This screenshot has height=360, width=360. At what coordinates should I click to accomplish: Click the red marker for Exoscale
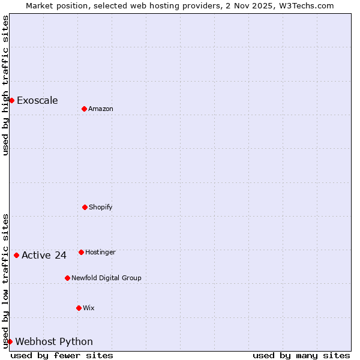pyautogui.click(x=11, y=100)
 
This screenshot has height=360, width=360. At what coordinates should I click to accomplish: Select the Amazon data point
pyautogui.click(x=84, y=109)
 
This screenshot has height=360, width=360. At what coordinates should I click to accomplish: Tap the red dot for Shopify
pyautogui.click(x=85, y=207)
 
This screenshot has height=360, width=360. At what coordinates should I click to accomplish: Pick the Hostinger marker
pyautogui.click(x=81, y=252)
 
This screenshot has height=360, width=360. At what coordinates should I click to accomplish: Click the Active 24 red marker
pyautogui.click(x=16, y=255)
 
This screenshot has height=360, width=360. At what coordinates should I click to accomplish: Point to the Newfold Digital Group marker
pyautogui.click(x=67, y=278)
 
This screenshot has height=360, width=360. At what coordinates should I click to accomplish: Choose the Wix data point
pyautogui.click(x=79, y=308)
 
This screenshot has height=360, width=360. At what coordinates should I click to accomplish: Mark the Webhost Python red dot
pyautogui.click(x=10, y=341)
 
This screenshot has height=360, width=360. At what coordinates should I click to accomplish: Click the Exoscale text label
pyautogui.click(x=37, y=100)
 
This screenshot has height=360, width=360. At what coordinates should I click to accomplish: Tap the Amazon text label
pyautogui.click(x=101, y=109)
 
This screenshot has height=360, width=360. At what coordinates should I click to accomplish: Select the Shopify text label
pyautogui.click(x=101, y=207)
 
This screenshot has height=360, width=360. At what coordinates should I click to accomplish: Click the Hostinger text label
pyautogui.click(x=100, y=252)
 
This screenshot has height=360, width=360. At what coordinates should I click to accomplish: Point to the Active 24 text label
pyautogui.click(x=44, y=255)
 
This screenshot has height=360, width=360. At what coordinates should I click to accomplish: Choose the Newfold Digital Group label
pyautogui.click(x=106, y=278)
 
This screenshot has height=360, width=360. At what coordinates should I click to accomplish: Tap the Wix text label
pyautogui.click(x=89, y=308)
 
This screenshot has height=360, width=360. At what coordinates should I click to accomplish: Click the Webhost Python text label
pyautogui.click(x=54, y=341)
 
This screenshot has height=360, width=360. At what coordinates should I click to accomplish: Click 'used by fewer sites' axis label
pyautogui.click(x=62, y=355)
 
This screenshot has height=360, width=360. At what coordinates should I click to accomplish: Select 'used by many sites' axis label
pyautogui.click(x=301, y=355)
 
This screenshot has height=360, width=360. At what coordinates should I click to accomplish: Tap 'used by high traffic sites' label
pyautogui.click(x=5, y=85)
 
